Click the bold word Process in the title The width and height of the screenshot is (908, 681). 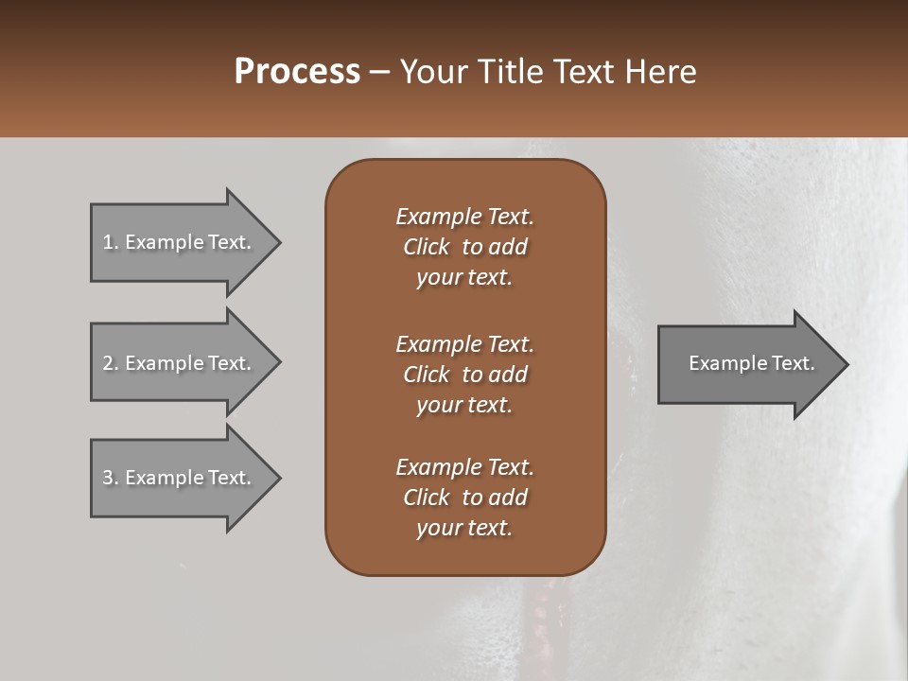pyautogui.click(x=297, y=72)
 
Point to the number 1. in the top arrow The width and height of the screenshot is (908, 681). pyautogui.click(x=111, y=242)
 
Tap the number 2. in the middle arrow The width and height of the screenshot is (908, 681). pyautogui.click(x=111, y=363)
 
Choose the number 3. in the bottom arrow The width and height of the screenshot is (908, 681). pyautogui.click(x=111, y=478)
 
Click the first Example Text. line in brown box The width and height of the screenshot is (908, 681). pyautogui.click(x=464, y=217)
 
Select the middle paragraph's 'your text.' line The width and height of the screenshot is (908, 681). pyautogui.click(x=464, y=405)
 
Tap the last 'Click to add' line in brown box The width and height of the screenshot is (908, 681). pyautogui.click(x=464, y=498)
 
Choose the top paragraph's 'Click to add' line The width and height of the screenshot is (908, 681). pyautogui.click(x=464, y=247)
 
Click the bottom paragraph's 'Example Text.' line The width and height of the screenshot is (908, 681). pyautogui.click(x=464, y=467)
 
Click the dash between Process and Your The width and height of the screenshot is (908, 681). pyautogui.click(x=379, y=73)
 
